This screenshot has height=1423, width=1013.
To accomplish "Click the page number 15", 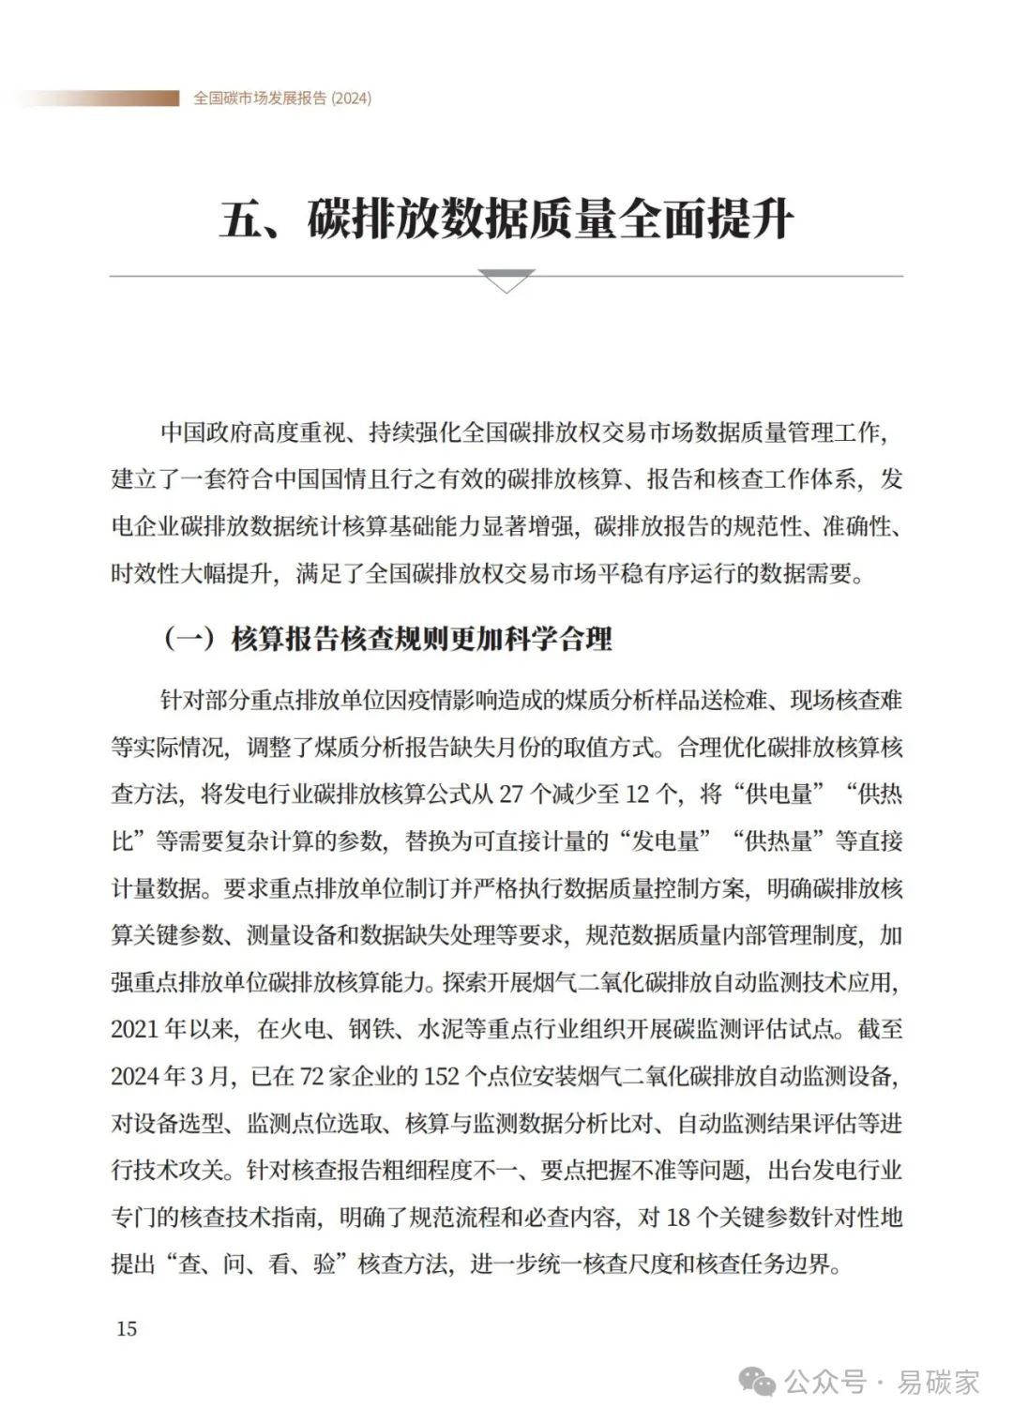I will [126, 1328].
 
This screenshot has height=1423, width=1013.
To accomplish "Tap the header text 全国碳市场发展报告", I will [259, 98].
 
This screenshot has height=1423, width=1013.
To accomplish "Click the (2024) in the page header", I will [351, 98].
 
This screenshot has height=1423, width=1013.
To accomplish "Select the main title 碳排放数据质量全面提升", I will [550, 220].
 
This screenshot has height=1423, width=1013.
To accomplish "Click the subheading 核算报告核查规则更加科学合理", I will [422, 640].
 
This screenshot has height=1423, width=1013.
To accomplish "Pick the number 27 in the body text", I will [511, 795].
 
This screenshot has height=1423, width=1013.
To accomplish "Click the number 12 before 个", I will [638, 795].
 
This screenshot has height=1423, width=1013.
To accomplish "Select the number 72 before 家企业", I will [311, 1076].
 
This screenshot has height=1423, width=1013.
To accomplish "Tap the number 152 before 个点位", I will [442, 1076].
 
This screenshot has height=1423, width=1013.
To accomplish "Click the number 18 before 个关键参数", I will [678, 1218].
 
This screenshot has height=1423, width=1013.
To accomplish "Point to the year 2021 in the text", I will [135, 1029].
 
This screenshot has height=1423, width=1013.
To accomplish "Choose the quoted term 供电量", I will [777, 795].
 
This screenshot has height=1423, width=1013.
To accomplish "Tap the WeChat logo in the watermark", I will [758, 1382].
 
